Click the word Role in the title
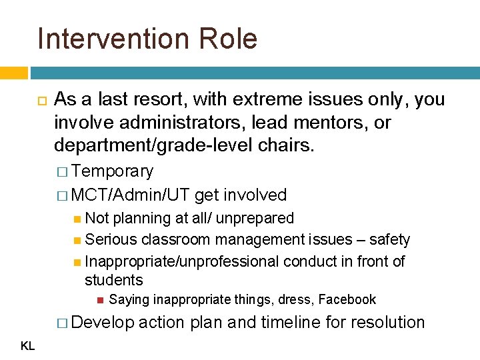229,39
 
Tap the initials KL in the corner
28,345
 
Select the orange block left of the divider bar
13,73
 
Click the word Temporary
113,171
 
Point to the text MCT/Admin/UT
131,195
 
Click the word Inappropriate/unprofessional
182,261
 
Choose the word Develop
103,322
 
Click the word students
114,279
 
